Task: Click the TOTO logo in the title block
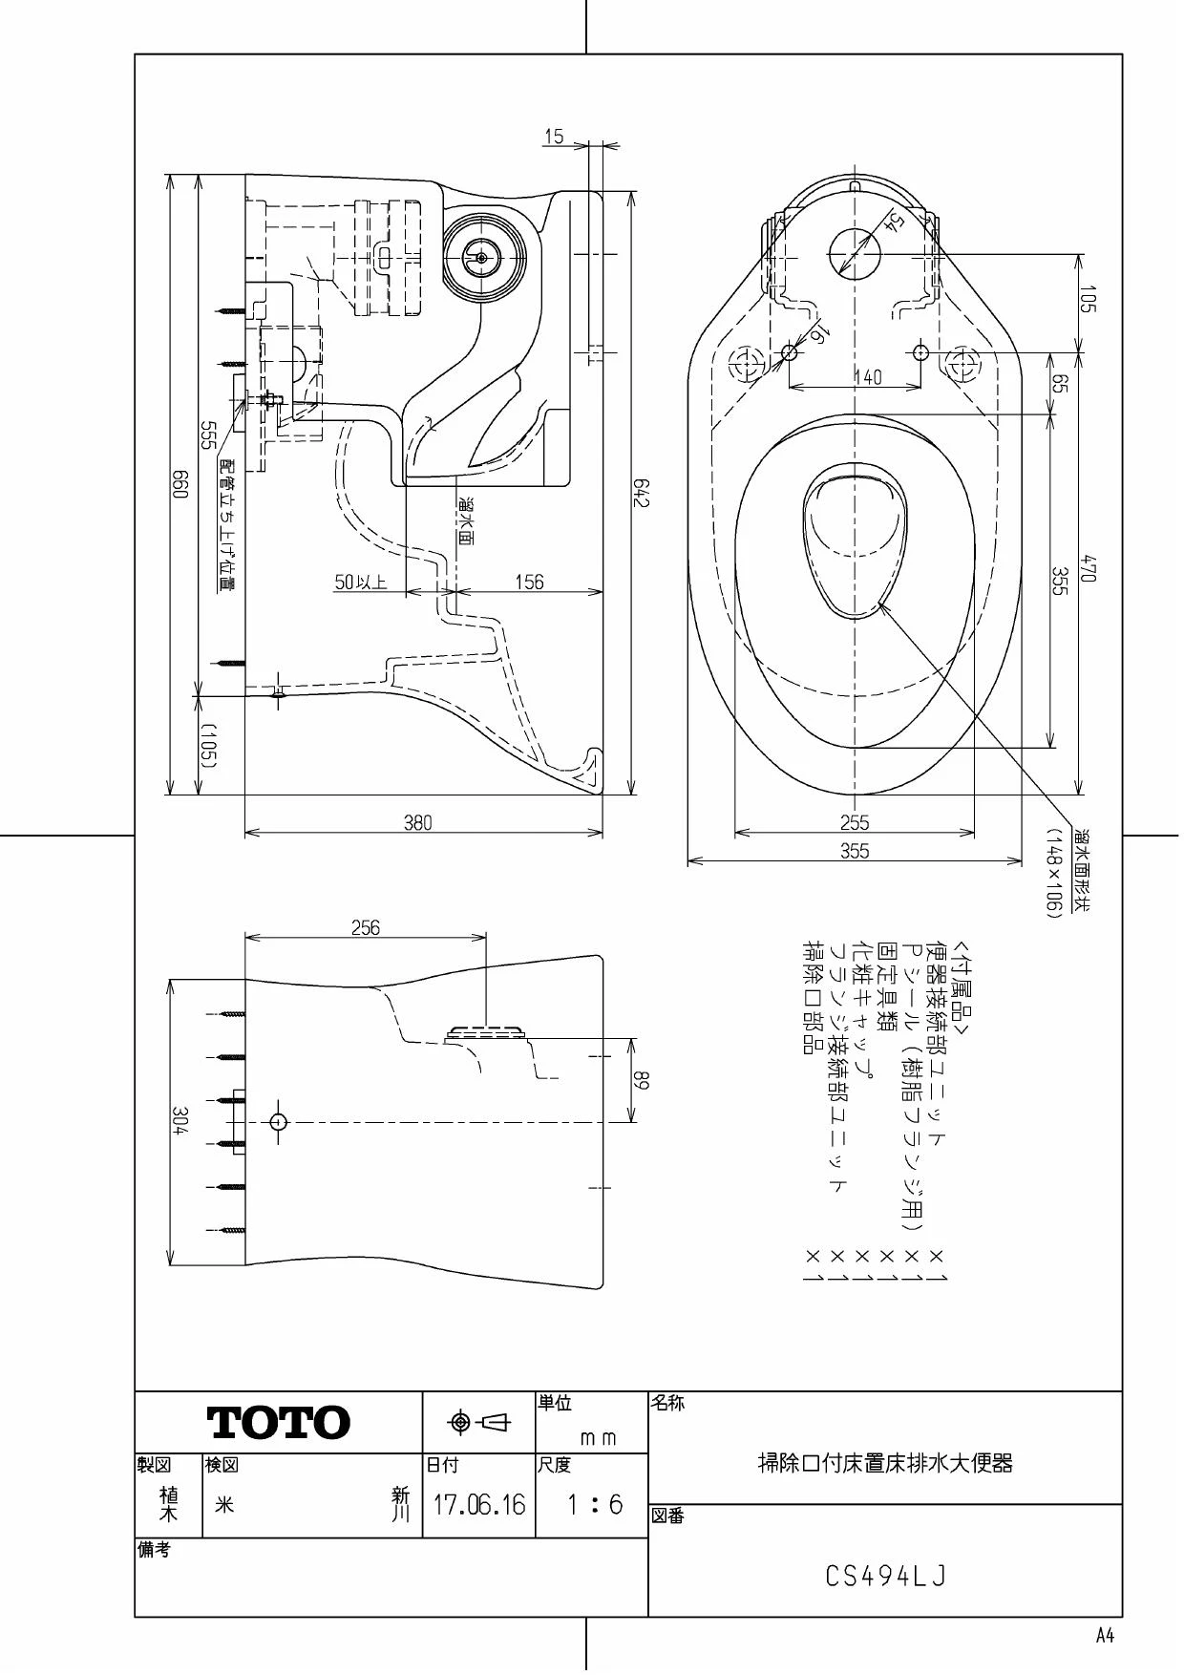[x=279, y=1422]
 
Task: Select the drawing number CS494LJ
[x=885, y=1576]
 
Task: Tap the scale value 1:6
[x=594, y=1505]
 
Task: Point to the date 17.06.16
[x=479, y=1505]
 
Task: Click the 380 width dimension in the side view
[x=418, y=822]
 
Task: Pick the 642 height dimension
[x=641, y=493]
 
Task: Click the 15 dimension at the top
[x=554, y=137]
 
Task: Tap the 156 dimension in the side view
[x=529, y=582]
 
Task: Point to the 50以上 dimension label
[x=361, y=582]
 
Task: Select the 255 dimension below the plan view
[x=855, y=822]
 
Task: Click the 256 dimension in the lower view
[x=366, y=927]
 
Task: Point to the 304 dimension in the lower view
[x=179, y=1121]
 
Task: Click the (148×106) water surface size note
[x=1053, y=874]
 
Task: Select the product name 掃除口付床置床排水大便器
[x=885, y=1462]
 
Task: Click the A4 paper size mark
[x=1105, y=1635]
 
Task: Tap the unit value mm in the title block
[x=599, y=1437]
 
